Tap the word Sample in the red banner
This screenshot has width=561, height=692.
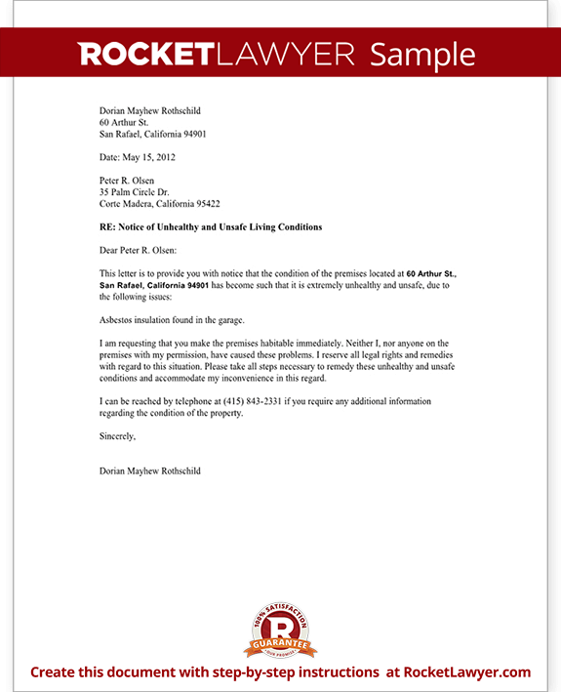pos(422,54)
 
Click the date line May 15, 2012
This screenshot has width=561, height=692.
pos(138,156)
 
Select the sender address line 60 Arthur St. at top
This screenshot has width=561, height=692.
pos(124,123)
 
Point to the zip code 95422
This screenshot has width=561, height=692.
pos(207,204)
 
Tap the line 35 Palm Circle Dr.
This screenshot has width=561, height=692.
pos(135,192)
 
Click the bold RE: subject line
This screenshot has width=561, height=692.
pos(211,226)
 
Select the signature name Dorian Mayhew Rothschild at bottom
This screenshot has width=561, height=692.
pos(150,470)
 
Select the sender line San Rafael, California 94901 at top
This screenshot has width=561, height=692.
pos(152,134)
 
